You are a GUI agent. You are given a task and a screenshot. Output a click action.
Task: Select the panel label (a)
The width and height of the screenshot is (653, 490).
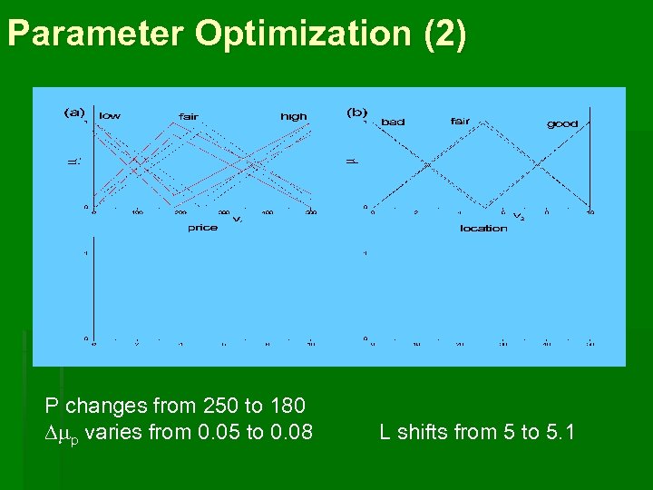[x=74, y=113]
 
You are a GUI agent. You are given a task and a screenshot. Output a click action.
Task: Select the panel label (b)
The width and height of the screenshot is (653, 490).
[x=357, y=113]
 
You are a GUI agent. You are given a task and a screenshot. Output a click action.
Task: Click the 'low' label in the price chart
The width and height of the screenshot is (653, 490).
[x=110, y=115]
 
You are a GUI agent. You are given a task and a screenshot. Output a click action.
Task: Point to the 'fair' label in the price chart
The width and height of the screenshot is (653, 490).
[x=189, y=116]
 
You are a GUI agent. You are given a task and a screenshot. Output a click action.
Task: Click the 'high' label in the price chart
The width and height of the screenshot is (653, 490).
[x=293, y=116]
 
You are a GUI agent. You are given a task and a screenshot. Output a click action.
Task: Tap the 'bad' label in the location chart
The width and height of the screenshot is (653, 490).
[x=393, y=122]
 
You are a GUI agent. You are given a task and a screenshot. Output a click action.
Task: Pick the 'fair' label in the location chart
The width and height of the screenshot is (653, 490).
[x=461, y=121]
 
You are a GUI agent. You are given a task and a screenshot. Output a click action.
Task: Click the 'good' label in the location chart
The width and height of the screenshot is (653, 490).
[x=562, y=123]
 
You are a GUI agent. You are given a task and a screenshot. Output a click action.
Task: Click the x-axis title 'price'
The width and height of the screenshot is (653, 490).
[x=202, y=228]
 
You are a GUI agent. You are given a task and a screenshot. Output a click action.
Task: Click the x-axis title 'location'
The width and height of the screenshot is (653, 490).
[x=483, y=228]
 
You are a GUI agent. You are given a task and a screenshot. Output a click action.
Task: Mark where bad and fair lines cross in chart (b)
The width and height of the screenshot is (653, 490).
[x=426, y=165]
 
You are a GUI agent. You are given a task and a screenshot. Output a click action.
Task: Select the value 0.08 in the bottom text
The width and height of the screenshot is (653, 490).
[x=291, y=432]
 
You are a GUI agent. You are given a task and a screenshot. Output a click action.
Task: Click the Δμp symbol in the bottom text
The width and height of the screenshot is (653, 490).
[x=63, y=433]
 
